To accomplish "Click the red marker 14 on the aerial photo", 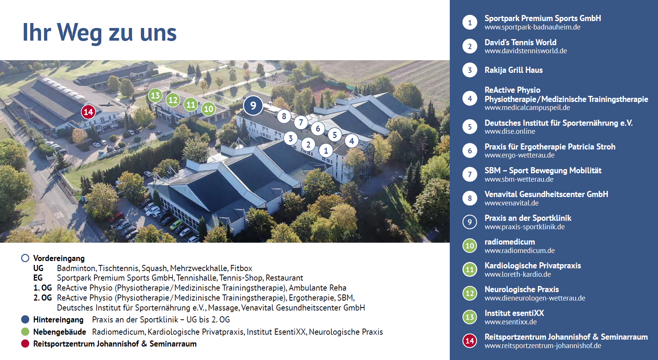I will click(88, 112).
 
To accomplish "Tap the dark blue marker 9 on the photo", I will click(253, 105).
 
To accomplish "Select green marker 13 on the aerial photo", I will click(155, 95).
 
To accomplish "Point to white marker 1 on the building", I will click(326, 150).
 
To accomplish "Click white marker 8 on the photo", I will click(284, 116).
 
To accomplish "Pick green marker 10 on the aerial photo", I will click(209, 109).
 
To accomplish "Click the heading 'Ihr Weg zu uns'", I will click(99, 32).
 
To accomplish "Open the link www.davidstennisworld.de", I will click(525, 51).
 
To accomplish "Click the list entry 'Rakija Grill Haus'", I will click(513, 70).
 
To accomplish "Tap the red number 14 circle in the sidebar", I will click(470, 341).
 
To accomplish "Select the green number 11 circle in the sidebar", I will click(470, 270).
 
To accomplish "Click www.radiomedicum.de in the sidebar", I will click(520, 251).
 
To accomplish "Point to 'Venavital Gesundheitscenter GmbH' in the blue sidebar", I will click(546, 194).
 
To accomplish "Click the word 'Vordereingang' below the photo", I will click(59, 258).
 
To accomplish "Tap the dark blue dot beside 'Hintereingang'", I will click(25, 319).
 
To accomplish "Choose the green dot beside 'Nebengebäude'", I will click(25, 332).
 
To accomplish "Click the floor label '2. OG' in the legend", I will click(43, 298).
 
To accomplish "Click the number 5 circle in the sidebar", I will click(470, 127).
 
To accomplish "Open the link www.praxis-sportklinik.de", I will click(524, 227).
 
